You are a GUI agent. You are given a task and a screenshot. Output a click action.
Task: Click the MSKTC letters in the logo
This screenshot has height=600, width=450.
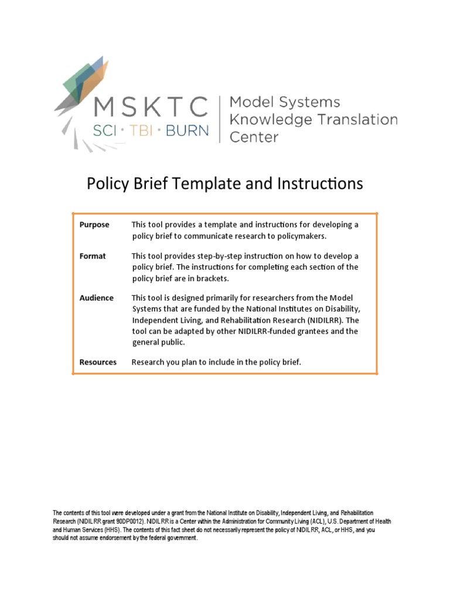pyautogui.click(x=151, y=107)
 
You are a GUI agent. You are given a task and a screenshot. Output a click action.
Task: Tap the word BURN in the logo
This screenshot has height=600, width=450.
pyautogui.click(x=187, y=130)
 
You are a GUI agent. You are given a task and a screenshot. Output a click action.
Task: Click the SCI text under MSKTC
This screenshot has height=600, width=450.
pyautogui.click(x=105, y=130)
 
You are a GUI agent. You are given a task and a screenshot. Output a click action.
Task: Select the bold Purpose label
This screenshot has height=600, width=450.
pyautogui.click(x=94, y=224)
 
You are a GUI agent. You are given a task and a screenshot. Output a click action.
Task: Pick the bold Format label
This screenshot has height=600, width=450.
pyautogui.click(x=93, y=256)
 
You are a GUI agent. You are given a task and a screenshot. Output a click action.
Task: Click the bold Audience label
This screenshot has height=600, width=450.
pyautogui.click(x=97, y=298)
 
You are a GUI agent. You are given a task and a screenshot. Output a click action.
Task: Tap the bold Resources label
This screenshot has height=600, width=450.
pyautogui.click(x=98, y=362)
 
